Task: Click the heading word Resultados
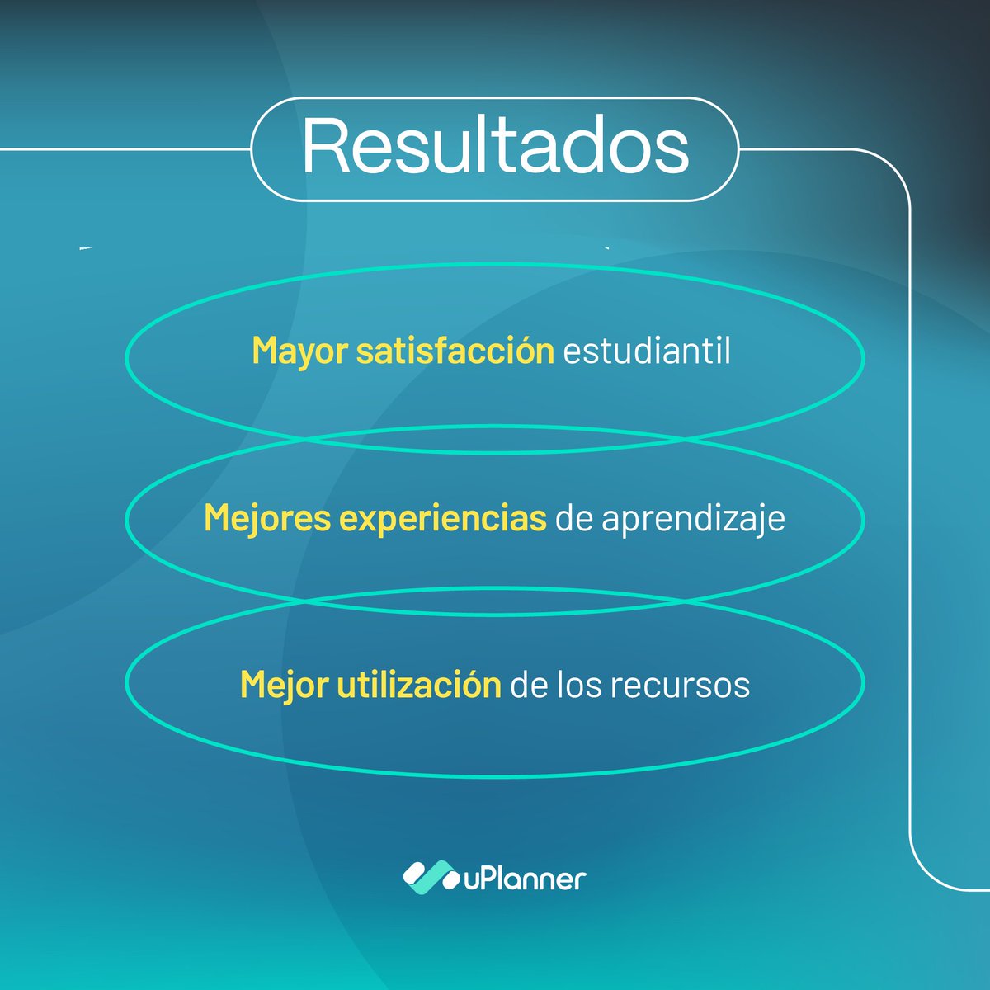[x=495, y=147]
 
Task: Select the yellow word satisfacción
[x=455, y=351]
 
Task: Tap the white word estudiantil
[x=647, y=351]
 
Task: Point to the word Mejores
[x=267, y=519]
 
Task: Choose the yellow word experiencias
[x=443, y=519]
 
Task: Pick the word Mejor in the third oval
[x=284, y=685]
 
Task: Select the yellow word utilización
[x=419, y=685]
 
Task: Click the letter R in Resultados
[x=323, y=147]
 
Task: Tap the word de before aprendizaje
[x=574, y=519]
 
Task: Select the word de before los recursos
[x=529, y=685]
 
